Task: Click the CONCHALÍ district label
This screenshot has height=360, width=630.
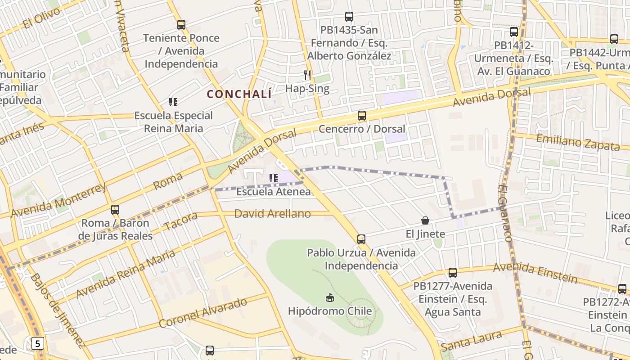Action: [x=239, y=94]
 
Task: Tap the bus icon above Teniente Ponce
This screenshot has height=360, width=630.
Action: [x=181, y=25]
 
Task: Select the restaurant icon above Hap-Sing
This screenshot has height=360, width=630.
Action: [x=307, y=75]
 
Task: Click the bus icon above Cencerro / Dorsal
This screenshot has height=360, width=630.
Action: [x=362, y=116]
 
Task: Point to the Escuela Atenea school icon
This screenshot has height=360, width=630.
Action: [x=273, y=178]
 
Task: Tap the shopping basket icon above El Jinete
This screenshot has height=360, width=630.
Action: [x=425, y=220]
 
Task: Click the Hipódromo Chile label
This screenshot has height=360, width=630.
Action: [x=330, y=311]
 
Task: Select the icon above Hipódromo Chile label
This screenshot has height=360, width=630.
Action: [x=330, y=297]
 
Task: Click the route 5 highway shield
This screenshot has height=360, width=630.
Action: [x=38, y=344]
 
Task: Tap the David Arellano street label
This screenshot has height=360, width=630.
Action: [x=272, y=214]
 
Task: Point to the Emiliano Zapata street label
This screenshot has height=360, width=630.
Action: [x=578, y=142]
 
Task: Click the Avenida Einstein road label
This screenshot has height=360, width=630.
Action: [x=535, y=272]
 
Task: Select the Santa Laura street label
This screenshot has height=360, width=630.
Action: [x=471, y=341]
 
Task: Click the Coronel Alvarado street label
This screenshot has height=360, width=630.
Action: [x=203, y=313]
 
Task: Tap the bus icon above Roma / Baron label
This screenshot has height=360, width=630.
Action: [x=115, y=210]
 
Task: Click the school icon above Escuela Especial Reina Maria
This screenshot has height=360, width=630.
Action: [x=173, y=102]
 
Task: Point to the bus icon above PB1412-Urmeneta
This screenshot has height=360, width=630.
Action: [x=514, y=32]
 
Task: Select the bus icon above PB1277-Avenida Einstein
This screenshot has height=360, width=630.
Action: [x=453, y=273]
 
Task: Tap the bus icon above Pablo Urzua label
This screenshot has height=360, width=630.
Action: [x=361, y=239]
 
